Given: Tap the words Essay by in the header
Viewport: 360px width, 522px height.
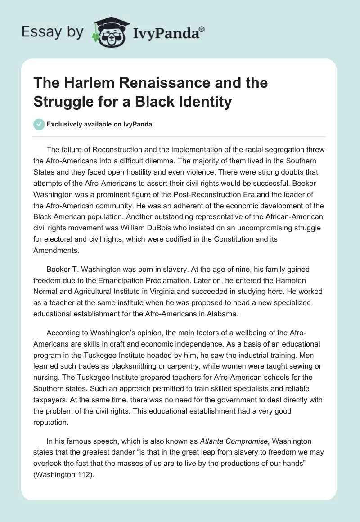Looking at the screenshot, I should [53, 32].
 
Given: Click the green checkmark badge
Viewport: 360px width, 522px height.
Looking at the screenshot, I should [39, 124].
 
